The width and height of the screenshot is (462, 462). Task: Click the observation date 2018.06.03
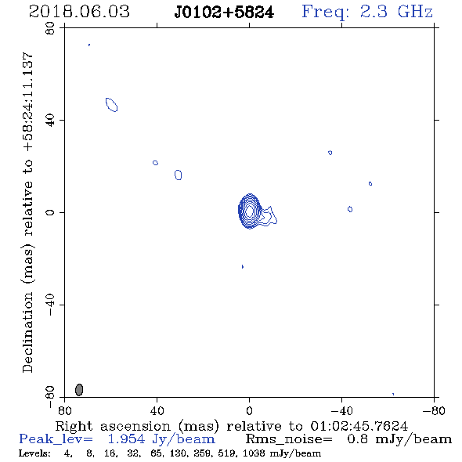pos(79,12)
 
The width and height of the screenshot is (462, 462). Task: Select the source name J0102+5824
pos(224,13)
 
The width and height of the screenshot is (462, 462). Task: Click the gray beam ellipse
pos(79,389)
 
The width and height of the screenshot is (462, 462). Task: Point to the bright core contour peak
pos(250,211)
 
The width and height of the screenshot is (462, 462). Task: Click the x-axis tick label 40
pos(157,410)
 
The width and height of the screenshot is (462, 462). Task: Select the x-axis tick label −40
pos(341,410)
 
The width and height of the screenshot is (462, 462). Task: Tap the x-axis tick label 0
pos(249,410)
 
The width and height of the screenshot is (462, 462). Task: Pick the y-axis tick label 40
pos(50,121)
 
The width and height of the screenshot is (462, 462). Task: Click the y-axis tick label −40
pos(50,305)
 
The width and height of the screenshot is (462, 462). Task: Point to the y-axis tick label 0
pos(50,212)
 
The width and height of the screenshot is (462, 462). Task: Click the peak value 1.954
pos(126,439)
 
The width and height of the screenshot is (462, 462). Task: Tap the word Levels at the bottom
pos(34,453)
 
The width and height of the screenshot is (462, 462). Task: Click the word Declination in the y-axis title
pos(27,333)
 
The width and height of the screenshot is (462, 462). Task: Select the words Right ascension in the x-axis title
pos(113,426)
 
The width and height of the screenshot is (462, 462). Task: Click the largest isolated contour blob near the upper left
pos(112,105)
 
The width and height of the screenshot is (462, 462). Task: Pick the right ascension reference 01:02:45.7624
pos(359,426)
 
